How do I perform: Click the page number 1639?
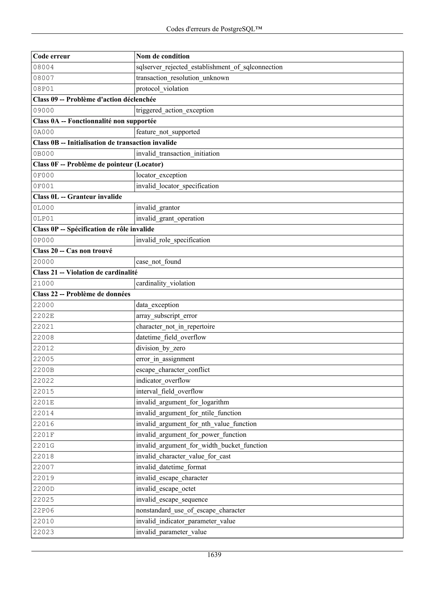point(214,555)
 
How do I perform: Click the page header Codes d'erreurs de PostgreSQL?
point(214,29)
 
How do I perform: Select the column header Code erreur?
point(52,56)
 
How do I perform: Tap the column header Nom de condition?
point(163,56)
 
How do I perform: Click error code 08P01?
point(43,89)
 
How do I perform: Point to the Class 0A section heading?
point(95,121)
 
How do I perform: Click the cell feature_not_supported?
point(168,132)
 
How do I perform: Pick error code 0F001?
point(43,186)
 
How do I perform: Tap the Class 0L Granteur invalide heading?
point(77,197)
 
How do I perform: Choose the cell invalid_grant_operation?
point(170,218)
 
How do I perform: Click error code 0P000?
point(43,240)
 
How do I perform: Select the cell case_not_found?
point(158,262)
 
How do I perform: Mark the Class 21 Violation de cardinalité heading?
point(85,273)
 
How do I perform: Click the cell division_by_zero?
point(161,348)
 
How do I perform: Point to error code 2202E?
point(43,316)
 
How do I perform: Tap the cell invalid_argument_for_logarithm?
point(183,403)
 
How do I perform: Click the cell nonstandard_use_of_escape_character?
point(191,510)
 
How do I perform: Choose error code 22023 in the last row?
point(43,532)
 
